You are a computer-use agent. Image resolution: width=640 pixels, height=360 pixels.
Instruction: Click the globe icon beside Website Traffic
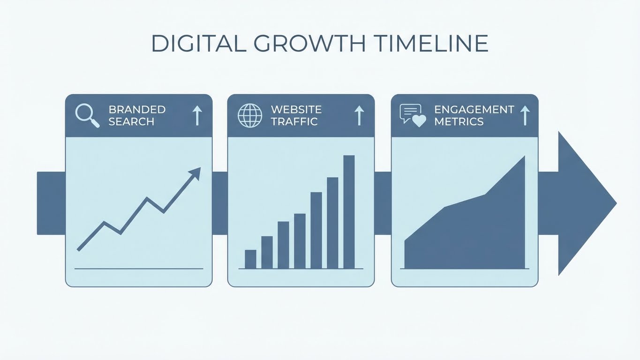point(250,116)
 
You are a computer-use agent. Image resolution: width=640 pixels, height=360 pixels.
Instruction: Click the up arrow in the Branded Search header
point(197,115)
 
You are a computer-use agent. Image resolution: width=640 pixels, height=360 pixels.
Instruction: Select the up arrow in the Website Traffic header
point(359,115)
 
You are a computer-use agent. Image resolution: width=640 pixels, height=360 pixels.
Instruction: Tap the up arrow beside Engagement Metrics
point(525,115)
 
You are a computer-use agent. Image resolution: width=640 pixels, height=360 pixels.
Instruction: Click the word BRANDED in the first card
point(137,110)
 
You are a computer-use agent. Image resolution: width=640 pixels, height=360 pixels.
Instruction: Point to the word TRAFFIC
point(294,122)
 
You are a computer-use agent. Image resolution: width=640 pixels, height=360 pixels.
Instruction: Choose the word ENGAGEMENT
point(474,110)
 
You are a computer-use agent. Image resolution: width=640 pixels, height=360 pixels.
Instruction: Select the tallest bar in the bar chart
point(349,212)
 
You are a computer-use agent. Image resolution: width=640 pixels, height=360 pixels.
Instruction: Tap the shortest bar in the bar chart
point(250,259)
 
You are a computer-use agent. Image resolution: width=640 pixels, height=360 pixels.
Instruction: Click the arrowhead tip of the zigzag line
point(198,170)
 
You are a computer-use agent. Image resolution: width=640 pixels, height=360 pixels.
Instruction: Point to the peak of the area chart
point(524,157)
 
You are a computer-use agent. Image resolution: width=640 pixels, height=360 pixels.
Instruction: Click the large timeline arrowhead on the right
point(586,203)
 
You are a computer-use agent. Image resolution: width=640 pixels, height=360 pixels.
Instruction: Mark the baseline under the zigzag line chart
point(139,269)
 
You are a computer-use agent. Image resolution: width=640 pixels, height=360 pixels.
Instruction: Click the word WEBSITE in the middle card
point(296,110)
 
